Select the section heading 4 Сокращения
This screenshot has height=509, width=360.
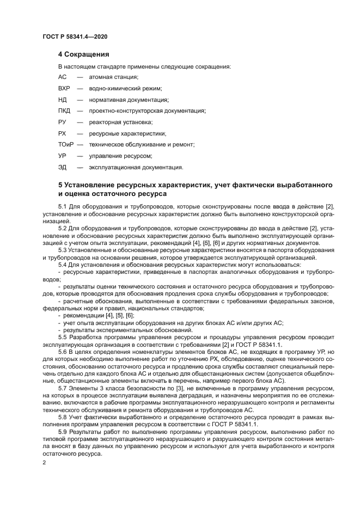tap(84, 54)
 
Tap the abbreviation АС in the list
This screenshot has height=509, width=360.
tap(62, 77)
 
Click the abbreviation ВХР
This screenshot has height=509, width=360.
tap(64, 88)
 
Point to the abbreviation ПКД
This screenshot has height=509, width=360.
tap(64, 111)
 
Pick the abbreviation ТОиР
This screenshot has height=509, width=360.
tap(65, 144)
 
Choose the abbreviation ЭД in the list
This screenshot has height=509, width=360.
tap(62, 167)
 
